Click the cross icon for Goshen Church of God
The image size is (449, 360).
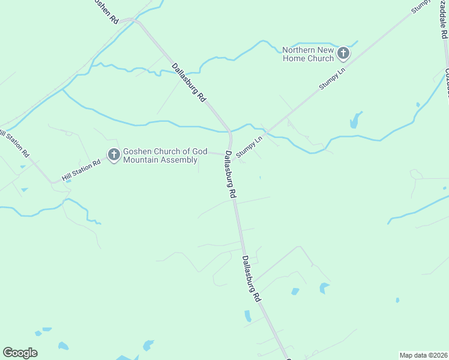click(x=113, y=155)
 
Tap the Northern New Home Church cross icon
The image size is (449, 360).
click(x=343, y=54)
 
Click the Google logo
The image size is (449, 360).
click(x=20, y=353)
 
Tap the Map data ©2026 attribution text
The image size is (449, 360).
click(x=423, y=355)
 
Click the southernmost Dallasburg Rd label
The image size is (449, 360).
click(x=251, y=279)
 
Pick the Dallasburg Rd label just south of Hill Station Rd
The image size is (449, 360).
click(x=231, y=175)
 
